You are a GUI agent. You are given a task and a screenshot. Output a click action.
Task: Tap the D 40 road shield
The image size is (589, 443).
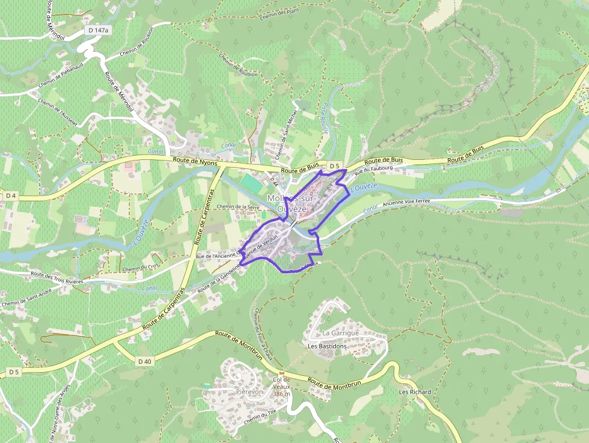145,361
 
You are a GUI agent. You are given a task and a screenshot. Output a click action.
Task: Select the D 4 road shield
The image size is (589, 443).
10,195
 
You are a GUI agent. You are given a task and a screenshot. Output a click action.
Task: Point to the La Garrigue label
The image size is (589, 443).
340,333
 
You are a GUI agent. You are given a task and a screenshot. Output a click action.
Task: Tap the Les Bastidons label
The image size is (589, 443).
327,346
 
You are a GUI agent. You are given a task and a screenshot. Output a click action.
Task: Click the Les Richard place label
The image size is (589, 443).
415,392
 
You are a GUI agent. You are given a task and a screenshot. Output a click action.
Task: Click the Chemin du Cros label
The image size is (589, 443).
141,265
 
